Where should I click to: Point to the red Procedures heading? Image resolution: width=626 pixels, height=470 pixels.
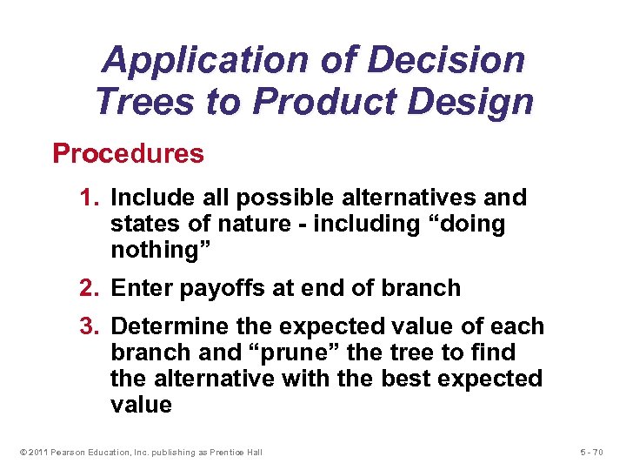(x=128, y=154)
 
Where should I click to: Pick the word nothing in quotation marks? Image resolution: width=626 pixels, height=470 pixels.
(x=153, y=251)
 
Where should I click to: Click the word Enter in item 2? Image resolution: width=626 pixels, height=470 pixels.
(x=141, y=288)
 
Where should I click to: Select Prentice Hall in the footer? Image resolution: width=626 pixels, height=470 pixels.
(x=236, y=452)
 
